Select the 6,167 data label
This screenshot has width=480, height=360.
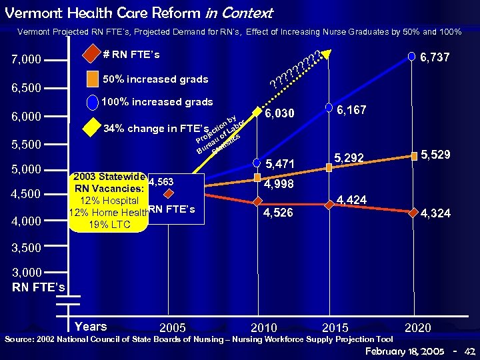point(351,110)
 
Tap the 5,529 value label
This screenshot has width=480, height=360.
point(435,155)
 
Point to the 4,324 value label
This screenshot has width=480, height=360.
point(435,214)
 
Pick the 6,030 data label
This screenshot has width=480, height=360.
point(280,114)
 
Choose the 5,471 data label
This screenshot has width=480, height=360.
point(280,163)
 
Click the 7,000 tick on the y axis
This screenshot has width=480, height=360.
point(27,60)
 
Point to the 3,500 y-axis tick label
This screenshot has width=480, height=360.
point(27,247)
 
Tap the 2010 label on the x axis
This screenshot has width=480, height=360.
point(264,327)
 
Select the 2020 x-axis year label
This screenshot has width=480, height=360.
point(417,327)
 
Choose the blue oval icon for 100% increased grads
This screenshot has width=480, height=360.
point(93,103)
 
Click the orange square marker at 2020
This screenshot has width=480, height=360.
point(414,156)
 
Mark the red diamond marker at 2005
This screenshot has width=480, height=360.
point(169,193)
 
